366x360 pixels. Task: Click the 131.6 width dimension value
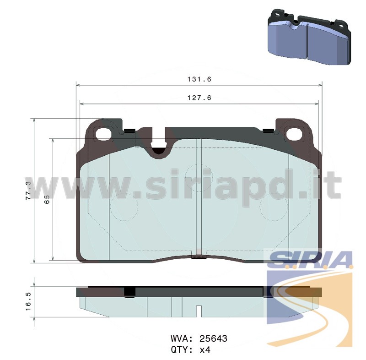(x=199, y=79)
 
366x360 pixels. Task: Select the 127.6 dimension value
(x=199, y=98)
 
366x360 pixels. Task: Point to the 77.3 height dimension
(x=28, y=190)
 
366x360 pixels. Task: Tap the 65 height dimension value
(x=47, y=199)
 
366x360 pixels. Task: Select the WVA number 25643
(x=213, y=338)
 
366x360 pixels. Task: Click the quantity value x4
(x=205, y=350)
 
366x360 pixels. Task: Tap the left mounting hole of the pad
(x=103, y=134)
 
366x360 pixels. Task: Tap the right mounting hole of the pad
(x=295, y=134)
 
